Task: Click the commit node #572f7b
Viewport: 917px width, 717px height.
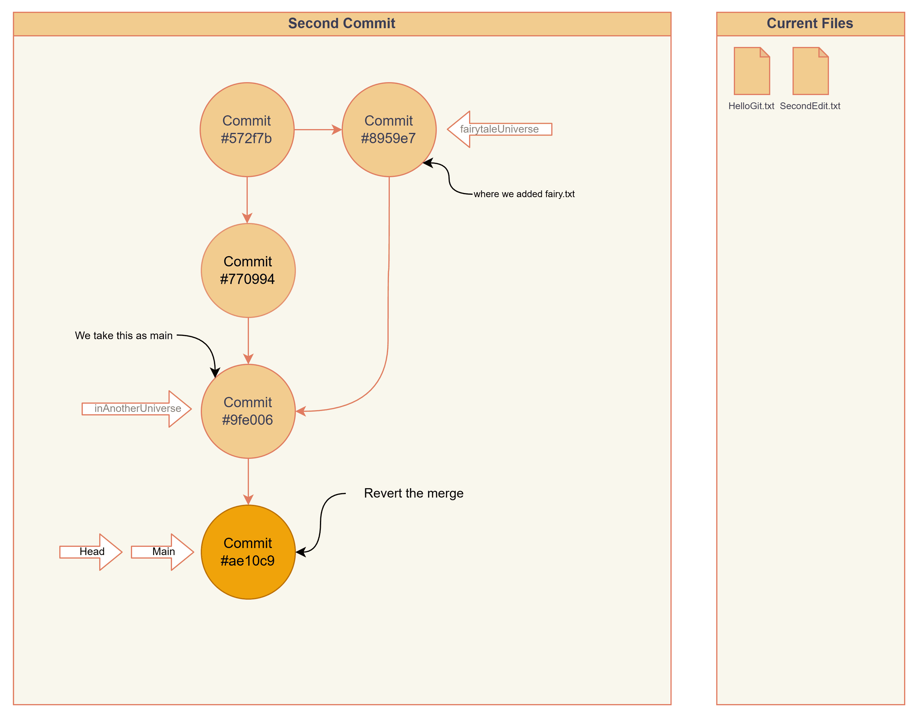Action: coord(247,130)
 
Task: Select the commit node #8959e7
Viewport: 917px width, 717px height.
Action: coord(389,130)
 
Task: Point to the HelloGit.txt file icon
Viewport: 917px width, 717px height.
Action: coord(751,71)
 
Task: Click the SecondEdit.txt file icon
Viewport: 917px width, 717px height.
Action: coord(810,71)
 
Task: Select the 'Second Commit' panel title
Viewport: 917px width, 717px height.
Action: coord(341,23)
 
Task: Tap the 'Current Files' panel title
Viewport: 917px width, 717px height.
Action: coord(810,23)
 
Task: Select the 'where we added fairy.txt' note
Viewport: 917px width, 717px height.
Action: coord(524,194)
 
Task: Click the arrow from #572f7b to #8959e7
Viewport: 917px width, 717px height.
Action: coord(317,130)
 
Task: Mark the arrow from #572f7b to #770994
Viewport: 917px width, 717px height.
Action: coord(247,199)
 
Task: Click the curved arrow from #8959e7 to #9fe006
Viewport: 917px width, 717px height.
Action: coord(388,294)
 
